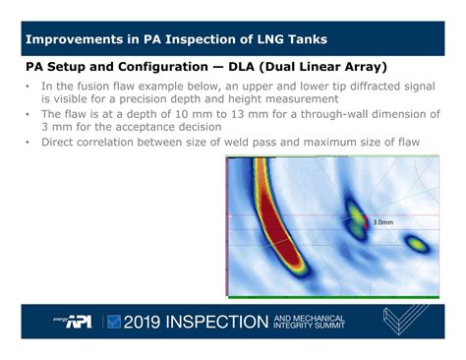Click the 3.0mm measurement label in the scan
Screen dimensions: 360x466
(383, 223)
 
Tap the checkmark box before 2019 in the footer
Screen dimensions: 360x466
(115, 321)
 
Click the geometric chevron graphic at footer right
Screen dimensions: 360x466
(404, 320)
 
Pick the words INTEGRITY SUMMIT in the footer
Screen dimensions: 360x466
(309, 326)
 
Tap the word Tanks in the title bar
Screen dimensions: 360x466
(306, 40)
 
